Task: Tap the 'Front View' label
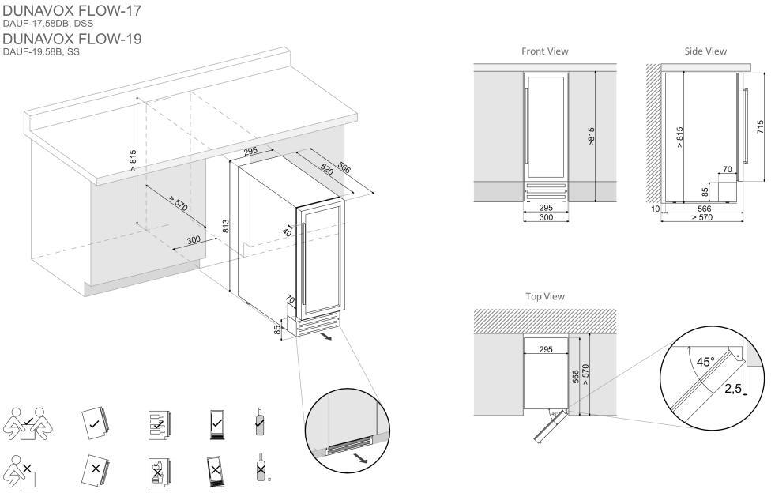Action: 544,51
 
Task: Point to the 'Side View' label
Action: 705,51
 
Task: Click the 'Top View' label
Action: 544,296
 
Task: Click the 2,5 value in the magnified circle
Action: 732,388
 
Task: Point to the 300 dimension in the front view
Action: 544,216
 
